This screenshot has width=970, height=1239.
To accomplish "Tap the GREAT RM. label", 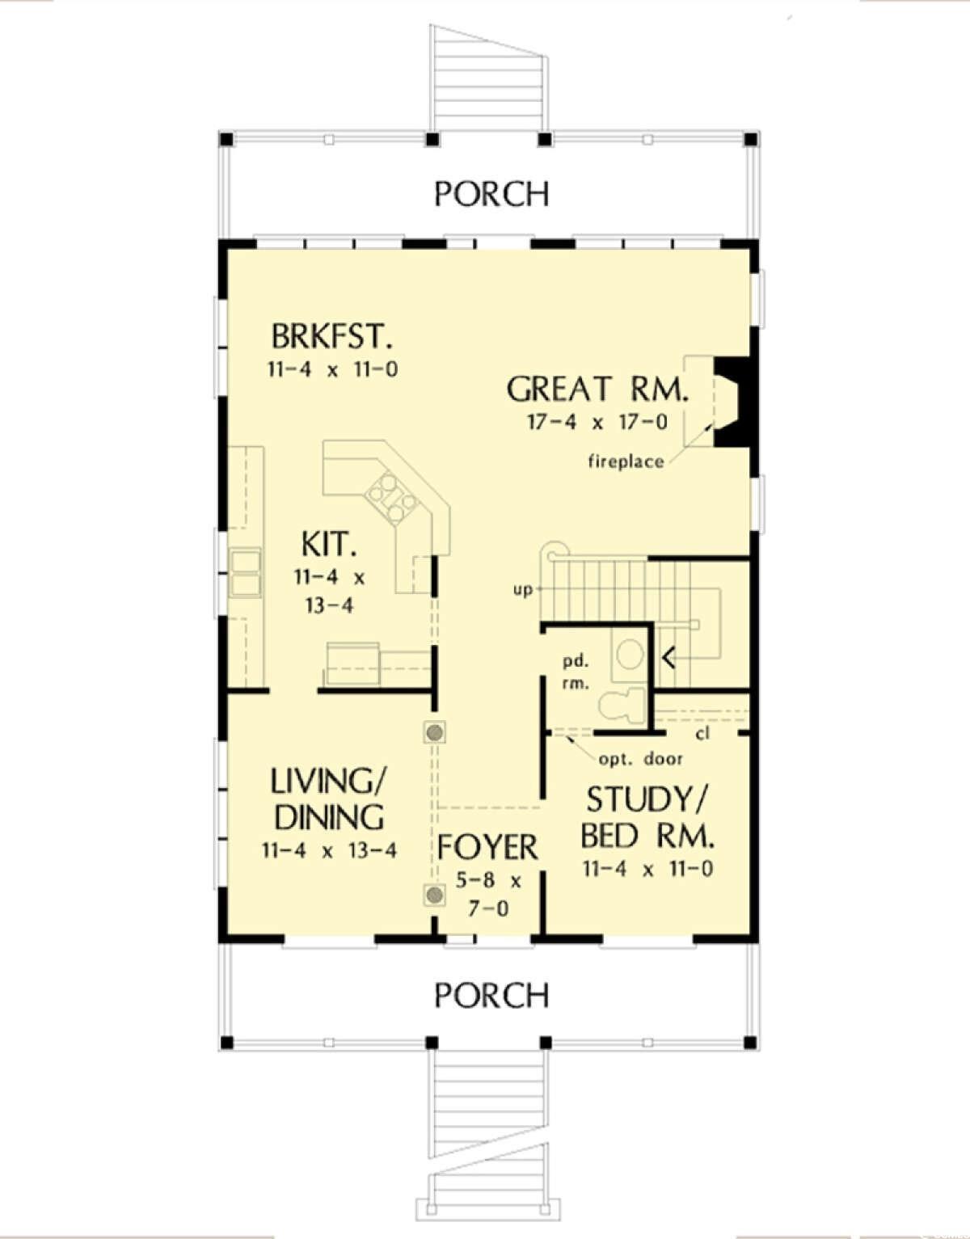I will point(597,390).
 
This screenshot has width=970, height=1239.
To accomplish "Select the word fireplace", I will point(626,461).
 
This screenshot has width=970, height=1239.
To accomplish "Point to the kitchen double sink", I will point(246,572).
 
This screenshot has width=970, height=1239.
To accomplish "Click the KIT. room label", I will point(328,545).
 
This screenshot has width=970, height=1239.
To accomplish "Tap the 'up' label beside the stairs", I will point(523,590).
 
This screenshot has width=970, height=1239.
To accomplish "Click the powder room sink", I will point(629,653).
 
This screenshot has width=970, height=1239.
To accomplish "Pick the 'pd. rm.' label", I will point(576,672).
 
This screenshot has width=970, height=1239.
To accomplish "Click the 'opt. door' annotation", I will point(640,759).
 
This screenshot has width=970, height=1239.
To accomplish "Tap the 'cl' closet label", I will point(702,735).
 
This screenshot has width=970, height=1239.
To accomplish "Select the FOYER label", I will point(487,847).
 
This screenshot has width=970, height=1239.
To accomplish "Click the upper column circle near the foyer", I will point(435,733).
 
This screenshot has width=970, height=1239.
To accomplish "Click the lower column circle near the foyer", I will point(435,895).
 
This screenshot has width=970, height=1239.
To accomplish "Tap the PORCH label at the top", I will point(491,194).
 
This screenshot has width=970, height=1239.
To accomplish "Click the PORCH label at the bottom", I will point(491,995).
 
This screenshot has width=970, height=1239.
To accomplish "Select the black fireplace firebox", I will point(734,401).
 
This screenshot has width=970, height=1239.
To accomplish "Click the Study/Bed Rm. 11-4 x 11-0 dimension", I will point(647,870).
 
